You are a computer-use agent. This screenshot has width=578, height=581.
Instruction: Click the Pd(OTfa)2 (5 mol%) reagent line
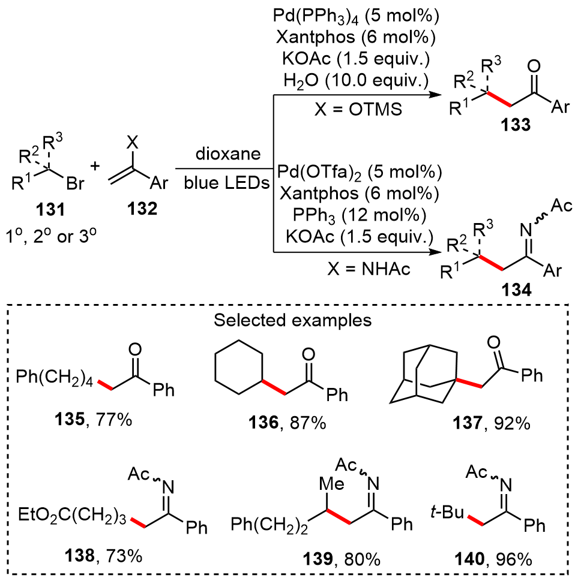point(358,173)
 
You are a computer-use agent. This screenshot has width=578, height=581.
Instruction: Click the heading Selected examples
point(293,320)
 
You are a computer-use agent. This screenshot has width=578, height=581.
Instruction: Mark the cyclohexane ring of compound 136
point(239,366)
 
